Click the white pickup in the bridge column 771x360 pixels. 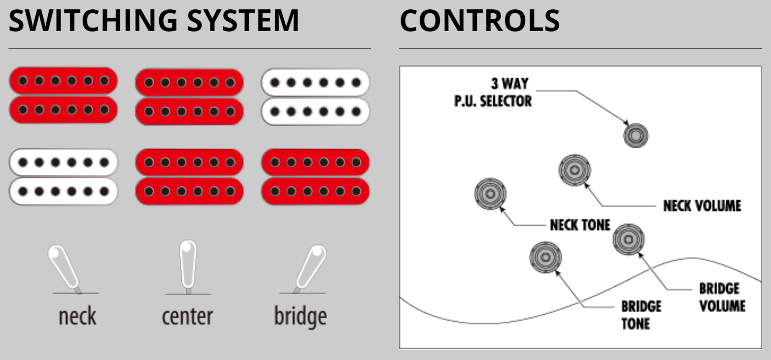[x=315, y=96]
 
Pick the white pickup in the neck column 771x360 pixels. [x=63, y=177]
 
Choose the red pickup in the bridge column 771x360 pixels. [x=315, y=177]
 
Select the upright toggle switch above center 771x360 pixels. [x=188, y=266]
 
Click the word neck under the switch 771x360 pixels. [x=77, y=316]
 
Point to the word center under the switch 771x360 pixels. [x=187, y=316]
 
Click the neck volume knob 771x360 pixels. [x=574, y=170]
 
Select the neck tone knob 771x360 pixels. [x=490, y=194]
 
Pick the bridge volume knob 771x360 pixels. [x=629, y=239]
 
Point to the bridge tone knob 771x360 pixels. [x=545, y=257]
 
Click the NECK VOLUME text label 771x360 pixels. [x=702, y=205]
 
